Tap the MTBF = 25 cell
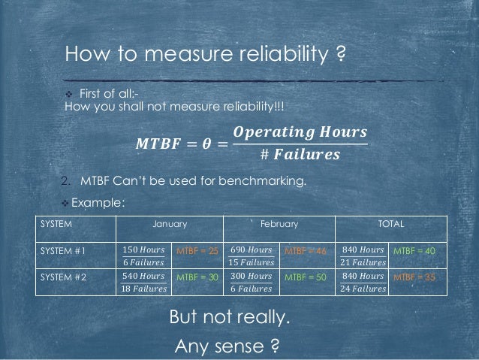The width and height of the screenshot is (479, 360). (x=197, y=250)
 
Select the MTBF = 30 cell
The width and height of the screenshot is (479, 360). (x=197, y=277)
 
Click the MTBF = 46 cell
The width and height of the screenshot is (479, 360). (x=306, y=250)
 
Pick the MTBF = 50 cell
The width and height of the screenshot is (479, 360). (x=306, y=277)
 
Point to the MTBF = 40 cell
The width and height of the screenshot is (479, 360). (x=414, y=250)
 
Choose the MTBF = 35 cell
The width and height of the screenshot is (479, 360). (x=414, y=277)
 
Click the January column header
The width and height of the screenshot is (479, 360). (x=170, y=224)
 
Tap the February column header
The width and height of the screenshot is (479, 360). (x=279, y=224)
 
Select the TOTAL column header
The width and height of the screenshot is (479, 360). (x=391, y=224)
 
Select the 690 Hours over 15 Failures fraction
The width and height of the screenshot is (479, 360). (x=251, y=255)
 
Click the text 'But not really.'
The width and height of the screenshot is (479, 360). (x=229, y=318)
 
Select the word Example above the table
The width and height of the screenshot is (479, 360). (x=98, y=203)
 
